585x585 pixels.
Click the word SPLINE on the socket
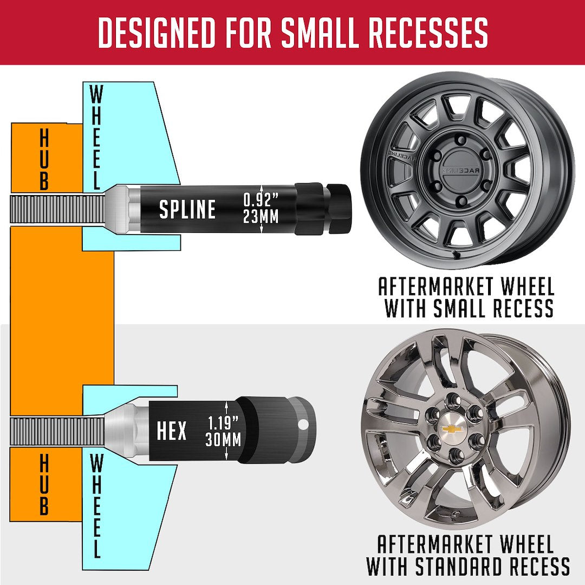coord(187,210)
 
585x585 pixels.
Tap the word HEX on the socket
coord(172,432)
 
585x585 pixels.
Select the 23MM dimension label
coord(261,217)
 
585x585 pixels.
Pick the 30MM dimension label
coord(223,440)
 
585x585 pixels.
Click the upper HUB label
coord(44,161)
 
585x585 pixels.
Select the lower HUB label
coord(44,485)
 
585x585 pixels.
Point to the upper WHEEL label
coord(95,138)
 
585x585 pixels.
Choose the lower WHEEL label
coord(95,506)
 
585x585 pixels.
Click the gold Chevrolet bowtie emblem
coord(448,428)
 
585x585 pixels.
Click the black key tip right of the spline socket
coord(339,209)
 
